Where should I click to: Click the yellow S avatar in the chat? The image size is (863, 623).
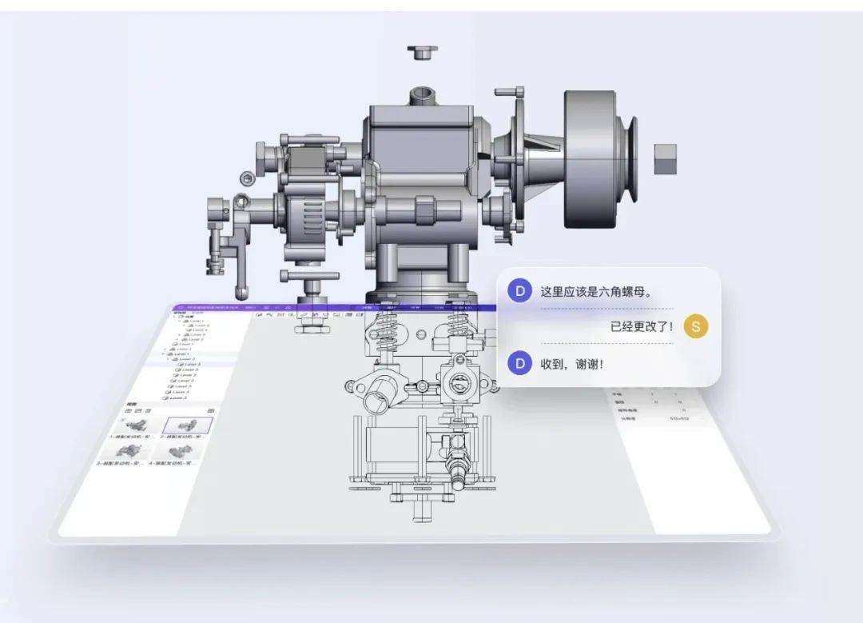[x=696, y=326]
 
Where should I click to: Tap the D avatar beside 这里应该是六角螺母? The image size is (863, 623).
[x=520, y=291]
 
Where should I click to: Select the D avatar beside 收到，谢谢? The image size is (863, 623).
[x=520, y=364]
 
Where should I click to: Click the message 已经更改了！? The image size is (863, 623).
[x=642, y=326]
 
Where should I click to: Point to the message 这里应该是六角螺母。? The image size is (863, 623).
[x=596, y=292]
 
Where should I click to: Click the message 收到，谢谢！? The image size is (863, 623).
[x=572, y=365]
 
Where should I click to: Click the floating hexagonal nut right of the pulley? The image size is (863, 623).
[x=665, y=159]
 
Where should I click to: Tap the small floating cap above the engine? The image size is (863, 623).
[x=422, y=53]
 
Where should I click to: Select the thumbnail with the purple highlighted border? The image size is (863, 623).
[x=188, y=425]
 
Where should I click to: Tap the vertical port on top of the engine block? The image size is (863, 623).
[x=421, y=98]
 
